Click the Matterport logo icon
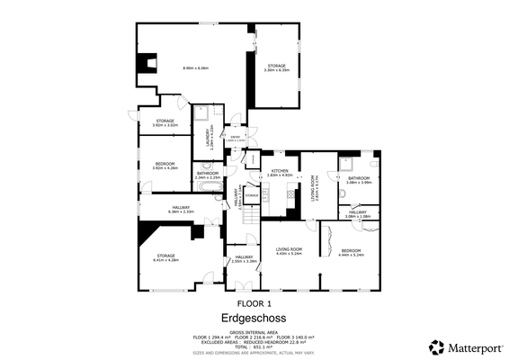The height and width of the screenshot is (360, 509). coord(436,346)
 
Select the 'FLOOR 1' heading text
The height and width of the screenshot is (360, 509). coord(254,303)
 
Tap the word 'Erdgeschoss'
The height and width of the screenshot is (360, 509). coord(254,318)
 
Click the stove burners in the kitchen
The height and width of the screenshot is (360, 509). coord(290,192)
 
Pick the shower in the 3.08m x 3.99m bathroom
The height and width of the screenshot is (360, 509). coord(346,163)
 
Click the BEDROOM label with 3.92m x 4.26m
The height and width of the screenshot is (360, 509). coord(165,163)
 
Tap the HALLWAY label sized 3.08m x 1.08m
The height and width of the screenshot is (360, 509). coord(357,212)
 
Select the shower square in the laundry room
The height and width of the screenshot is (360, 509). coord(208,112)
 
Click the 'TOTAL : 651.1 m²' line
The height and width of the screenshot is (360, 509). coord(254,346)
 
